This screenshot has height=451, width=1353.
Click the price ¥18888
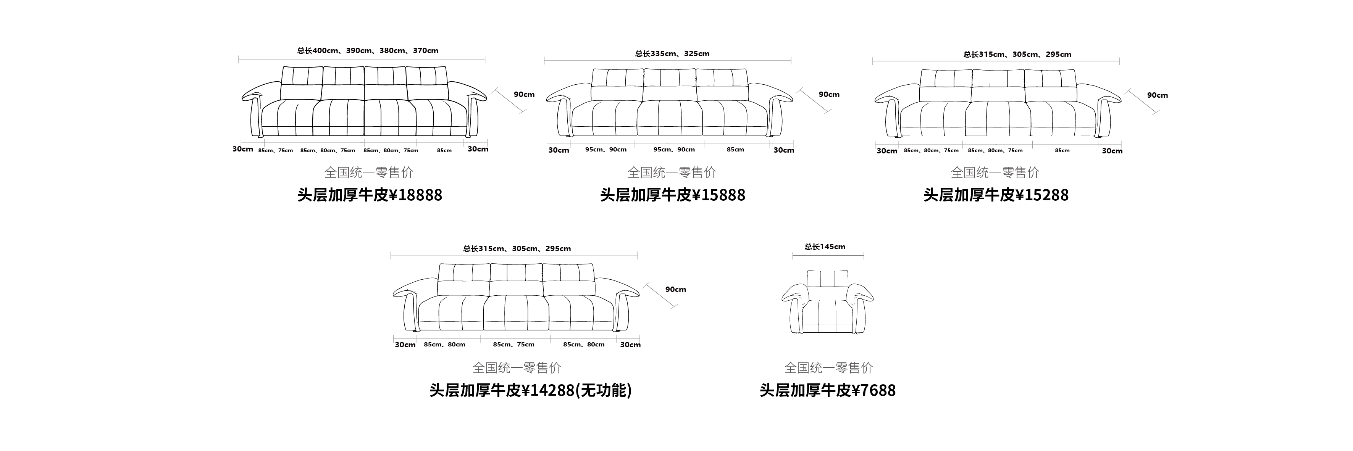[370, 195]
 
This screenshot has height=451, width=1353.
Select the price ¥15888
[672, 195]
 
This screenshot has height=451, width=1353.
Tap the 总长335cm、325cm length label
[672, 53]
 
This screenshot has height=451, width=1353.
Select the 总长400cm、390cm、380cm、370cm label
[368, 51]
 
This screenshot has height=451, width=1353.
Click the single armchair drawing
[827, 302]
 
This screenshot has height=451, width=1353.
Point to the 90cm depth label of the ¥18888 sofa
[524, 95]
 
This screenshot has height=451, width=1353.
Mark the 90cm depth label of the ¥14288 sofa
[675, 289]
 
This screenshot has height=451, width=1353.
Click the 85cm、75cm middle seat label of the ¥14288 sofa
[514, 345]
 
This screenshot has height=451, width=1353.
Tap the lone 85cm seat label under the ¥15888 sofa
[735, 150]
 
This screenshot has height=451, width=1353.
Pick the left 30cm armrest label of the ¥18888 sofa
[243, 149]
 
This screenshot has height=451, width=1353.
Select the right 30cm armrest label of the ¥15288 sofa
[1112, 151]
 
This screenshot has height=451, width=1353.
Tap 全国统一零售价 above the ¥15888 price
[672, 172]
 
